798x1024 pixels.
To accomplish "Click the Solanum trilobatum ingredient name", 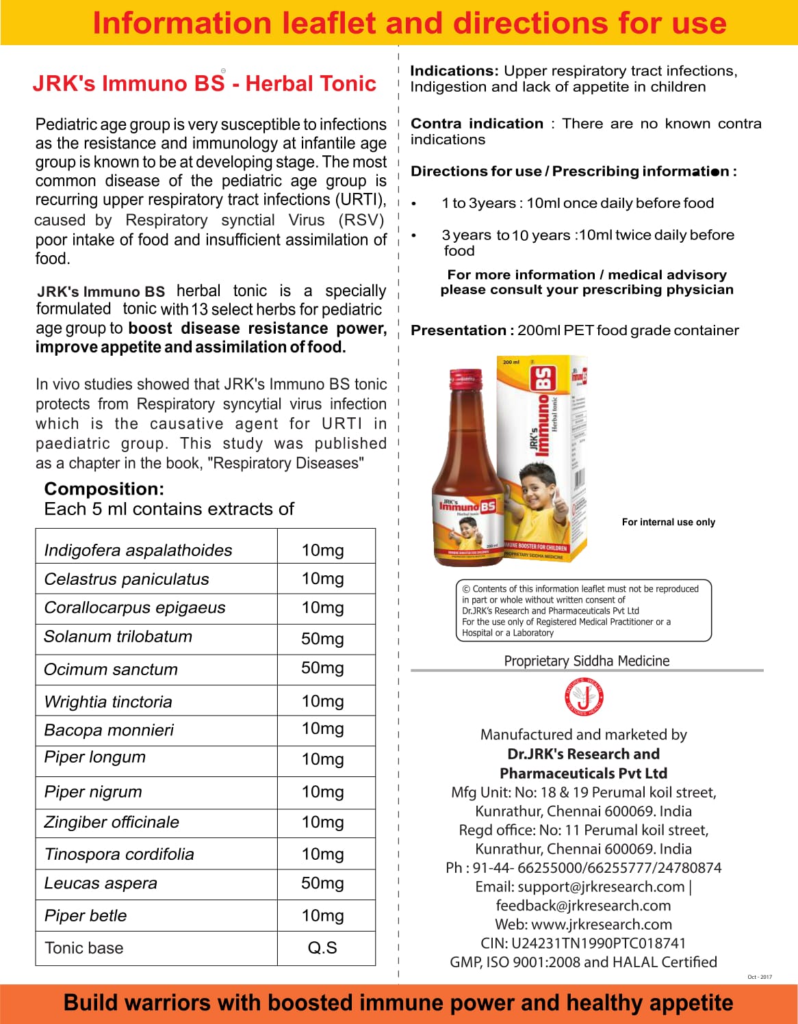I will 118,637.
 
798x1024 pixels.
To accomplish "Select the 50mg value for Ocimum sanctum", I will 322,668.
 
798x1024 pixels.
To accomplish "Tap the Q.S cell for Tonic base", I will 322,948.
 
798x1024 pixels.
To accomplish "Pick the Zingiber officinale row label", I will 112,822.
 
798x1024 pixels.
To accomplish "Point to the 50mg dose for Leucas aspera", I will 322,883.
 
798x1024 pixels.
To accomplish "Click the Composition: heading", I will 104,489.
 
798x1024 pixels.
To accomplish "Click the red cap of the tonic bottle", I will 466,378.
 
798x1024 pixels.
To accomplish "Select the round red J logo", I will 584,698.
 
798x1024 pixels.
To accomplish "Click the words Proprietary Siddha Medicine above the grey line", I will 587,661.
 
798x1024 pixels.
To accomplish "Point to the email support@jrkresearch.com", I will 601,887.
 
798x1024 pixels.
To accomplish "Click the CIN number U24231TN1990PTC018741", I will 598,943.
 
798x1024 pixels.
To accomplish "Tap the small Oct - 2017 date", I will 759,977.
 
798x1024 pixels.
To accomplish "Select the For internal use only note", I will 668,522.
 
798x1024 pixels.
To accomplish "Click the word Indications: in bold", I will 454,71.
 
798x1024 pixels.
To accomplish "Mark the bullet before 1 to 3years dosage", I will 414,204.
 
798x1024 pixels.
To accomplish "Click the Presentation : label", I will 462,330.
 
